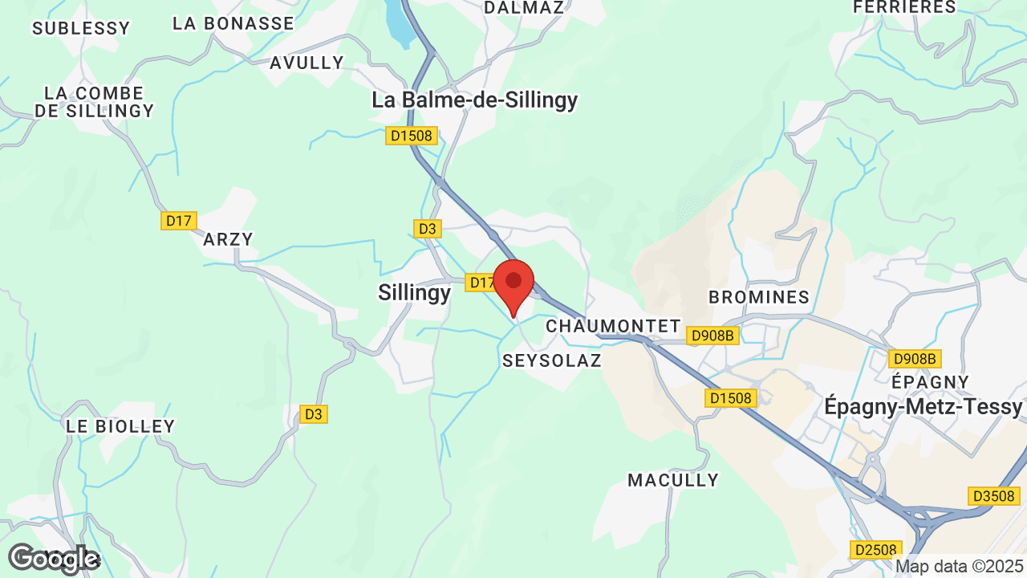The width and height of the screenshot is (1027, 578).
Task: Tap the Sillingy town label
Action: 414,293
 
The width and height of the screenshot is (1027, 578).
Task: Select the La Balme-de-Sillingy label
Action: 474,100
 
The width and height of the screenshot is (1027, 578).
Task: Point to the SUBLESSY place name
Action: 81,29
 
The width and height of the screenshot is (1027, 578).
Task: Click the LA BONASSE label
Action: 233,23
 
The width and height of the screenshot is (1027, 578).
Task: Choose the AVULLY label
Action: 306,63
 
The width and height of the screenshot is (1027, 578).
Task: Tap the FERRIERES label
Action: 904,7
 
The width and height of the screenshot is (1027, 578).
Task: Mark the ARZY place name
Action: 228,239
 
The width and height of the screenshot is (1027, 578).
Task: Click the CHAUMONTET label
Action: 613,327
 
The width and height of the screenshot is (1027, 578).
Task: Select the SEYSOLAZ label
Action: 552,360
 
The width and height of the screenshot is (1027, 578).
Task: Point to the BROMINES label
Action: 759,297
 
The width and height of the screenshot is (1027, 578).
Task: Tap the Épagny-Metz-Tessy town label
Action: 923,407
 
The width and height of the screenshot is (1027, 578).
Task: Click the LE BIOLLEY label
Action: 120,426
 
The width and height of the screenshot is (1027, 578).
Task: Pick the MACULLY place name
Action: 673,480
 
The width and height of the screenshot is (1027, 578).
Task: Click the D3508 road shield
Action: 993,496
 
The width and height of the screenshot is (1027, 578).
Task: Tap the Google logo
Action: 53,559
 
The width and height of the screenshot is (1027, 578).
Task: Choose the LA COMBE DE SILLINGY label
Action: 95,102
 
